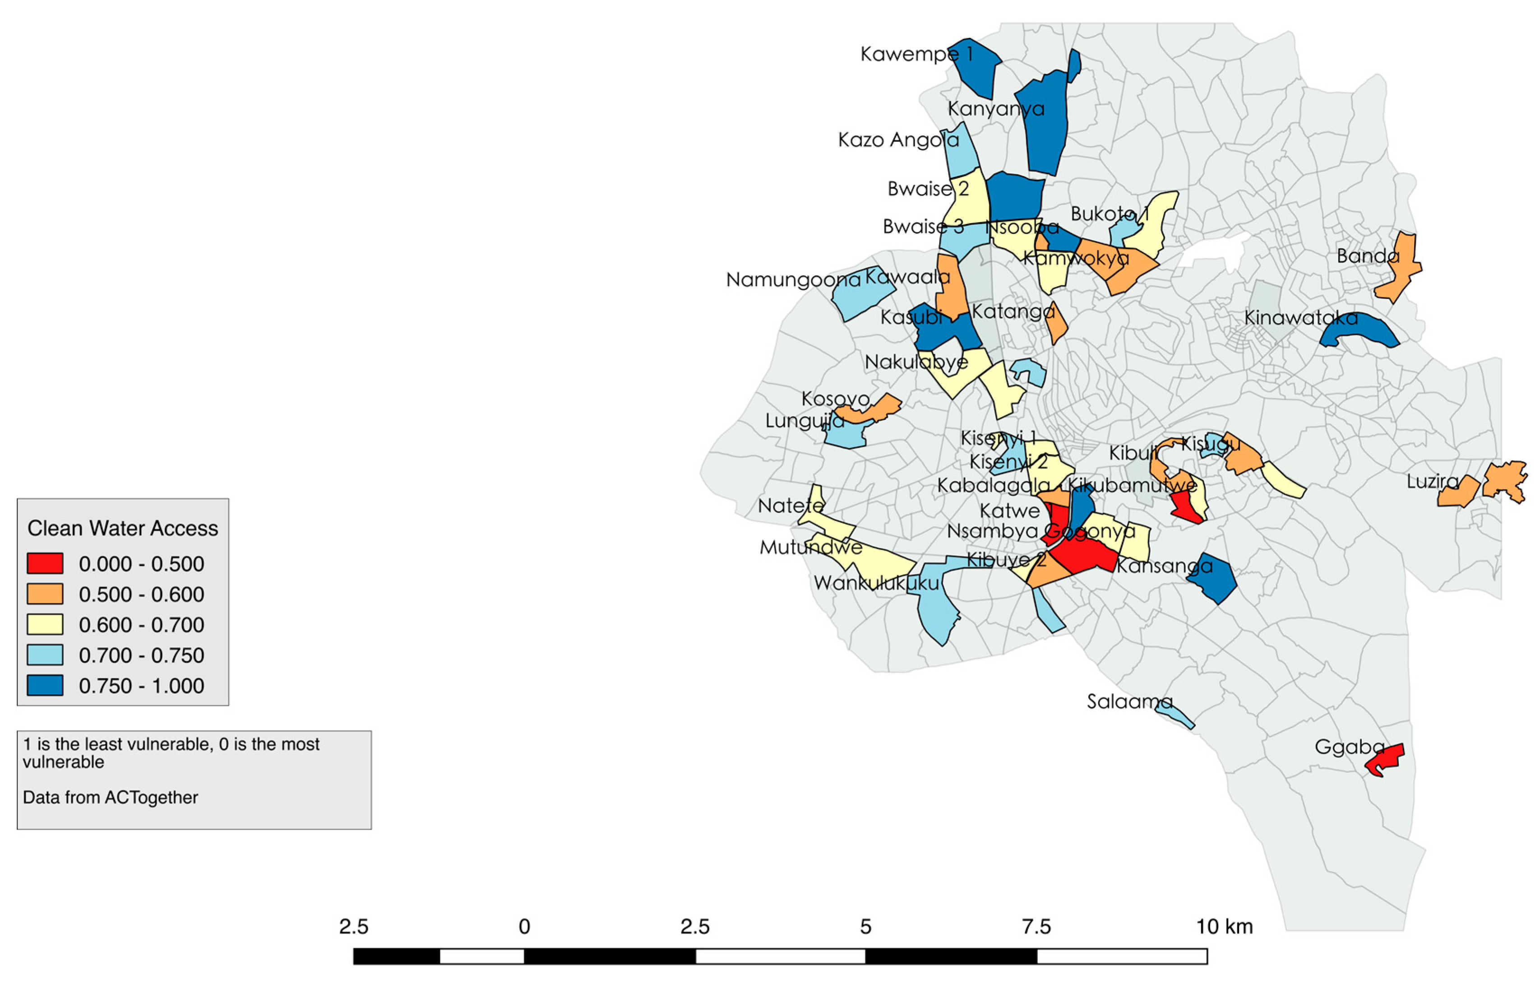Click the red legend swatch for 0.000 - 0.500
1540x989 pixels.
point(45,563)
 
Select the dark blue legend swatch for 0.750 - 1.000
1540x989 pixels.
point(45,685)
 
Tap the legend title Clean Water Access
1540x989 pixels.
point(123,528)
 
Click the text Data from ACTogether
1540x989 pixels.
point(111,797)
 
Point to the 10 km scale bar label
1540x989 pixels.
point(1224,926)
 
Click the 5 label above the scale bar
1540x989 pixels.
point(865,926)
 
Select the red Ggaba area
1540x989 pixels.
point(1387,760)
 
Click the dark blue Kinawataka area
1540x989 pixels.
point(1361,331)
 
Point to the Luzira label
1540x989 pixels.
point(1432,481)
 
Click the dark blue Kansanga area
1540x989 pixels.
point(1212,578)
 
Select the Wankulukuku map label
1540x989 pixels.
point(876,583)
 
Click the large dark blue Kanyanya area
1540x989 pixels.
point(1045,125)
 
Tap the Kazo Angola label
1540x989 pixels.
point(897,139)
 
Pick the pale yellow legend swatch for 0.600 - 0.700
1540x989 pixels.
point(45,624)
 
